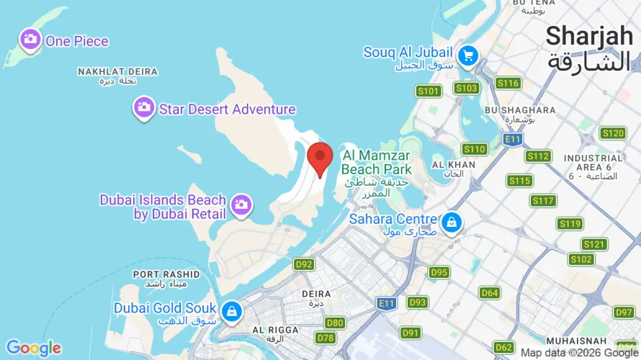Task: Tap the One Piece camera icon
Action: click(30, 40)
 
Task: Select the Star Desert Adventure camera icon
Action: click(144, 109)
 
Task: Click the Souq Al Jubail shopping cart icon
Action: click(468, 54)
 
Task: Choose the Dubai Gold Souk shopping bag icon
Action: click(231, 310)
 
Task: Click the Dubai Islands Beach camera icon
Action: click(241, 205)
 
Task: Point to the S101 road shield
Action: click(429, 91)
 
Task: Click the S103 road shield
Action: click(467, 88)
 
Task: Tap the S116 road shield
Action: click(508, 83)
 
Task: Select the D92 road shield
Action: click(304, 264)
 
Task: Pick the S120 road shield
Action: click(613, 132)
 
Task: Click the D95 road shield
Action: click(439, 272)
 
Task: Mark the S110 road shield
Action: click(475, 149)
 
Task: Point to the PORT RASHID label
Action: click(166, 274)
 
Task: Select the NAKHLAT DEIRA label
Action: click(117, 72)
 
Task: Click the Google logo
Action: click(34, 348)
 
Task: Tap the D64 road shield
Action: click(490, 293)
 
